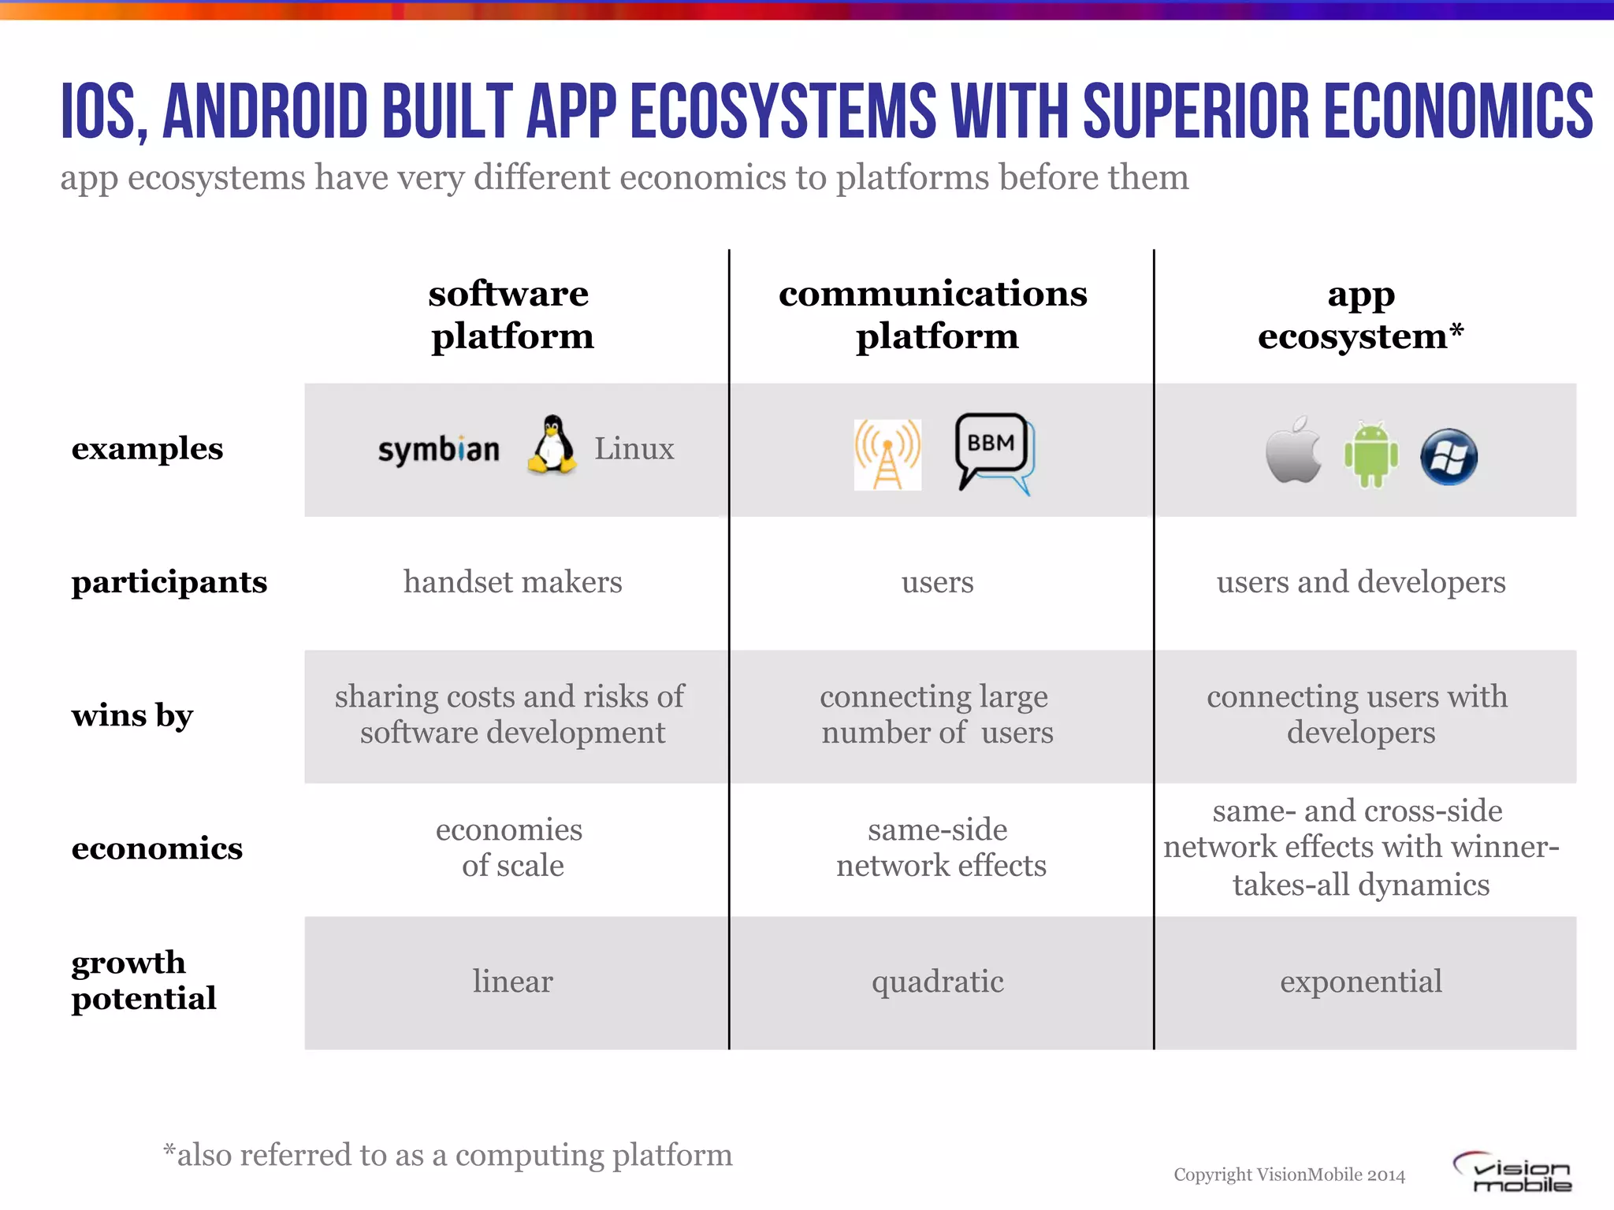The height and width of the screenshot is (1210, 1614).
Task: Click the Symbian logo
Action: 438,450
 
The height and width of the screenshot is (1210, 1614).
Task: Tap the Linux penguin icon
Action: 552,445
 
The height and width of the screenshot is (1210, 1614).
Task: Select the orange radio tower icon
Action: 887,455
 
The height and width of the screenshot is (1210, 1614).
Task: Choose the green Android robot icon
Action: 1370,455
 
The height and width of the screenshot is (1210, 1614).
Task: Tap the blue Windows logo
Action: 1449,457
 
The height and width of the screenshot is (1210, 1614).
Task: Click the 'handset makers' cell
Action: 512,582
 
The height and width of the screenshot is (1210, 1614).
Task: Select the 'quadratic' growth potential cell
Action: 937,982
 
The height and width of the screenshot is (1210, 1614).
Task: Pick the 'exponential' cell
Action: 1361,982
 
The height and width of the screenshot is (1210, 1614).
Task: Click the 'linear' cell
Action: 512,982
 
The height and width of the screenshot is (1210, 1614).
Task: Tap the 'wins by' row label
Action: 132,715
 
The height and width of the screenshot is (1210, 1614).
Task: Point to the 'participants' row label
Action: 169,582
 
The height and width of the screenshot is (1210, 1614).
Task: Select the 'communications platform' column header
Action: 934,314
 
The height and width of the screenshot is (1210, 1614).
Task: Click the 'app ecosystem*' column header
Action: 1360,314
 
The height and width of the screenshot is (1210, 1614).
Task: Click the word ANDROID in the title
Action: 265,111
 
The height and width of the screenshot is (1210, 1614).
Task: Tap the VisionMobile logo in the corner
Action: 1513,1173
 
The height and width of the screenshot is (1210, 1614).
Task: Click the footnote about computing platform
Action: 448,1155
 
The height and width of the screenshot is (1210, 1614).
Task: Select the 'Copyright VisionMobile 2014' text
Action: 1289,1175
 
